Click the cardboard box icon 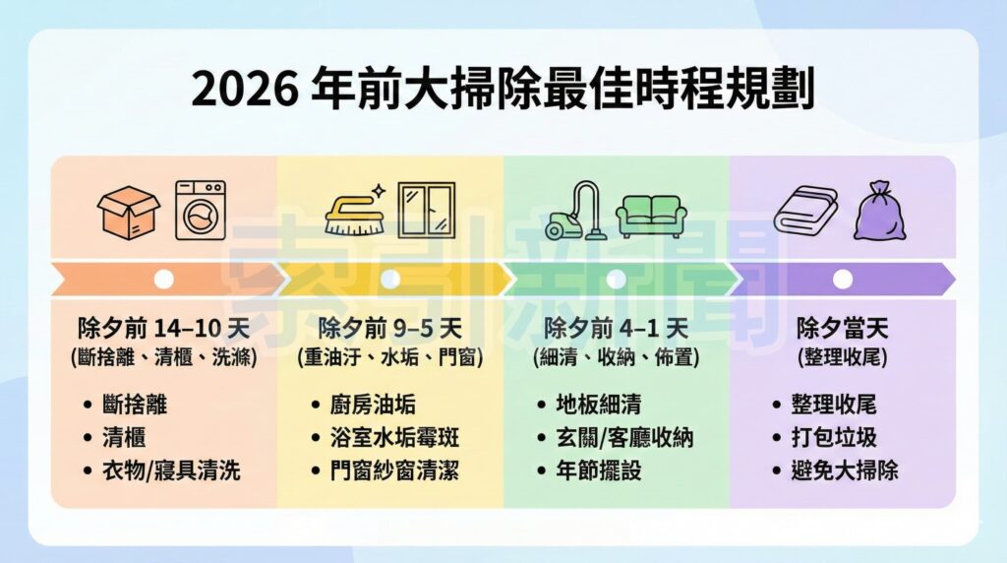pyautogui.click(x=128, y=212)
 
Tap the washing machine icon pyautogui.click(x=200, y=210)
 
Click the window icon pyautogui.click(x=427, y=210)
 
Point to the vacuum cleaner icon pyautogui.click(x=574, y=211)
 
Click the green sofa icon pyautogui.click(x=650, y=215)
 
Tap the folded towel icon pyautogui.click(x=805, y=210)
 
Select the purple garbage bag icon pyautogui.click(x=877, y=211)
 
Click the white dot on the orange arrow pyautogui.click(x=164, y=280)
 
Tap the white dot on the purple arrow pyautogui.click(x=843, y=280)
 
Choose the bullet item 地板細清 pyautogui.click(x=601, y=405)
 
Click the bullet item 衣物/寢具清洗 pyautogui.click(x=170, y=470)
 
